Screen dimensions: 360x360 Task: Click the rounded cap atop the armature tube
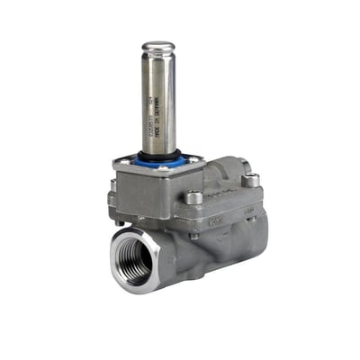158,46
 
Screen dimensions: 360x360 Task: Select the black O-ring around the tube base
158,155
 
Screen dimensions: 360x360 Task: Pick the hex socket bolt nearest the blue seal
194,196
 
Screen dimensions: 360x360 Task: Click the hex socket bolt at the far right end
251,181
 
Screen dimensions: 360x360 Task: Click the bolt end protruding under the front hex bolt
194,236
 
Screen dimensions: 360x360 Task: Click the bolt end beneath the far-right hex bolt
253,217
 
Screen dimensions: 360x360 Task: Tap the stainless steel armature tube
157,99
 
